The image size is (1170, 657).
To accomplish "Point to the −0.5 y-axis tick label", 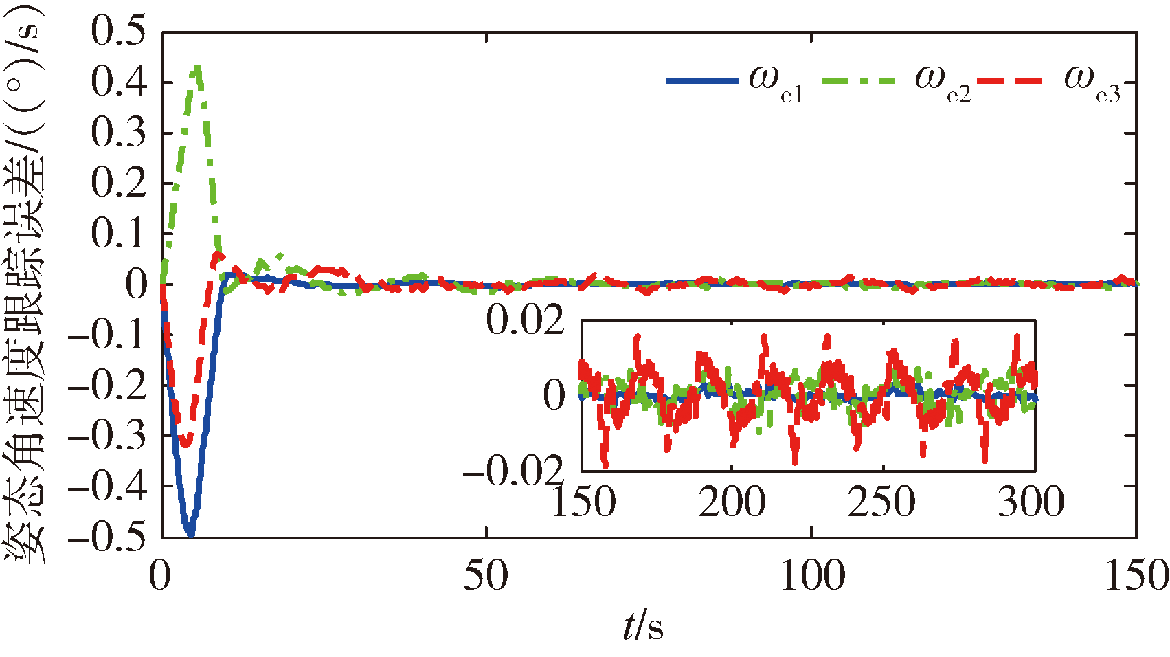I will (x=109, y=535).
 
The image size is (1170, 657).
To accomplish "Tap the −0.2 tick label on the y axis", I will (x=109, y=384).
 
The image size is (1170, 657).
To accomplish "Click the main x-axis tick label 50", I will (x=486, y=575).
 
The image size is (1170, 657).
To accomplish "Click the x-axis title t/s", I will (x=643, y=626).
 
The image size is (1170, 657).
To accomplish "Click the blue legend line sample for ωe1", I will (x=702, y=81).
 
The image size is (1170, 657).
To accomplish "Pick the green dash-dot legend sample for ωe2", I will (x=859, y=81).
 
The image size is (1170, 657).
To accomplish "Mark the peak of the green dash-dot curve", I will (x=197, y=67).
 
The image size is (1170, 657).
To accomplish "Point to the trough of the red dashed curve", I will (x=185, y=443).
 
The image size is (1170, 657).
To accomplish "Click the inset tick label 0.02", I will (x=525, y=322).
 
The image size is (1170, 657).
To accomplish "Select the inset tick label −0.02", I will (x=513, y=471).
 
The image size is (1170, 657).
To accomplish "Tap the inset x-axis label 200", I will (x=732, y=502).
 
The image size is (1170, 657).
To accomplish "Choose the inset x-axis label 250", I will (x=882, y=502).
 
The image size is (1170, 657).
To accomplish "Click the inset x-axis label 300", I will (x=1031, y=502).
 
